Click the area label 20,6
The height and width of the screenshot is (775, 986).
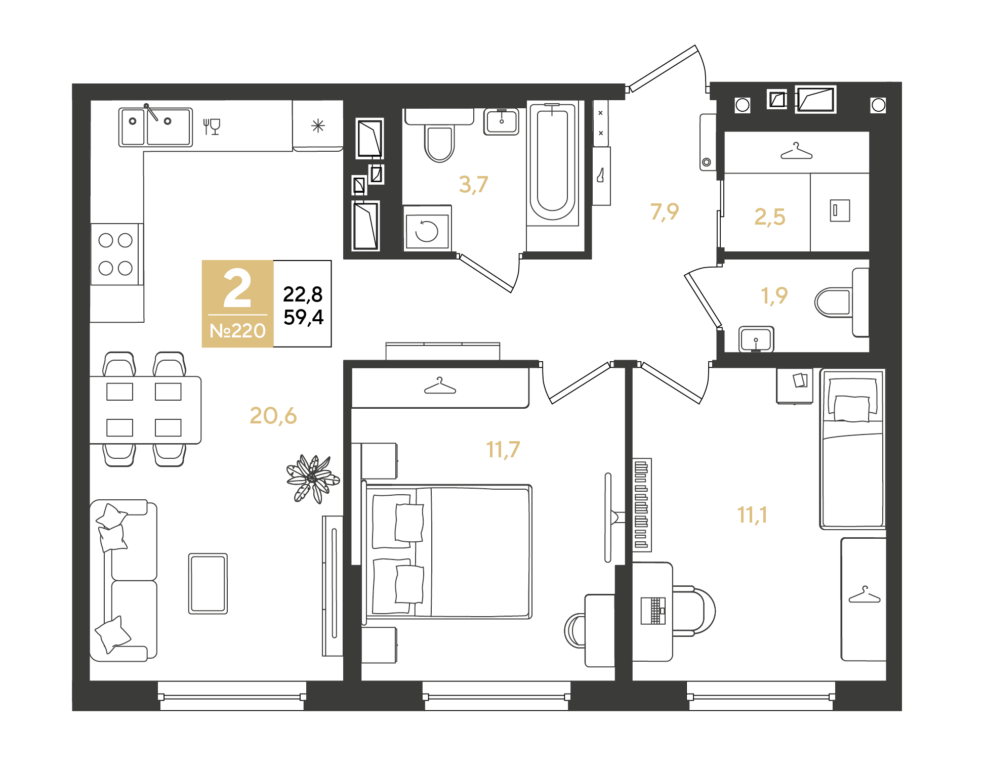273,416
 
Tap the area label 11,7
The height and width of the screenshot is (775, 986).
503,449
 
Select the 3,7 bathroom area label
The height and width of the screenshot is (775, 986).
473,185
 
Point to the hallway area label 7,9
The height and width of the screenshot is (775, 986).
664,211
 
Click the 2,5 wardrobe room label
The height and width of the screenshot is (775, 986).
769,217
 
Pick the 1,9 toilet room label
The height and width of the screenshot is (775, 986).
774,295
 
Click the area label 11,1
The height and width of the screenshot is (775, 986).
752,515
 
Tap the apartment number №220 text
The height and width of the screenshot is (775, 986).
237,331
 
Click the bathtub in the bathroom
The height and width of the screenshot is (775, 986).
552,162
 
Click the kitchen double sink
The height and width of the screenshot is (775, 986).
155,126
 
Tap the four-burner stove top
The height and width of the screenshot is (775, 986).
115,254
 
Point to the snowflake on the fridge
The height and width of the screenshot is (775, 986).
318,125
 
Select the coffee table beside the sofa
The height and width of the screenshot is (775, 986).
208,583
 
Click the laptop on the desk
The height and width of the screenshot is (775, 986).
653,611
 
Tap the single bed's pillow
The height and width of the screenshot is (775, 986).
852,408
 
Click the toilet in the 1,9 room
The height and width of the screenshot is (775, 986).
834,302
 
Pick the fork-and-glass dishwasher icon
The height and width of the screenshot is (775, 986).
212,126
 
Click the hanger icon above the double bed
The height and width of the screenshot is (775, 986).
440,386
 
